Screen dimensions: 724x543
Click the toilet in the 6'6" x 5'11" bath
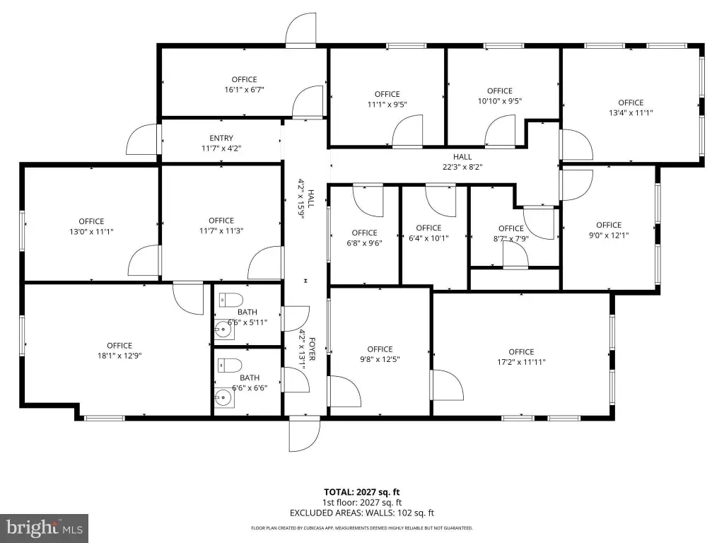231,300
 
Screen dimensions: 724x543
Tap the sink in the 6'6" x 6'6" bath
224,397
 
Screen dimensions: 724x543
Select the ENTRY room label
221,138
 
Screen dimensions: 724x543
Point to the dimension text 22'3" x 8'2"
462,167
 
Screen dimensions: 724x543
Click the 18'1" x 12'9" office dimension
119,356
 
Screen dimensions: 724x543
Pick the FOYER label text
312,349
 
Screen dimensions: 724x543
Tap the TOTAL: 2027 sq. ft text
361,492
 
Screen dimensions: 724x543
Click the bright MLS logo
45,527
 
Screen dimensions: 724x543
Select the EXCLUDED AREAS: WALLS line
362,513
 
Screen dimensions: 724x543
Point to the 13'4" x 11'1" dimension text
631,112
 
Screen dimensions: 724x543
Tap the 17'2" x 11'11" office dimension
521,362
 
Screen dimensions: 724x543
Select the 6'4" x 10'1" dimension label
428,238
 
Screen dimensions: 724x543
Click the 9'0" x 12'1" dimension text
609,235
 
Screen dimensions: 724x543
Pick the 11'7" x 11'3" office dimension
221,231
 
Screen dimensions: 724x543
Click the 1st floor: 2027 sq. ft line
361,503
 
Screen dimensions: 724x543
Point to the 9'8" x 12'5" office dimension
380,359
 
